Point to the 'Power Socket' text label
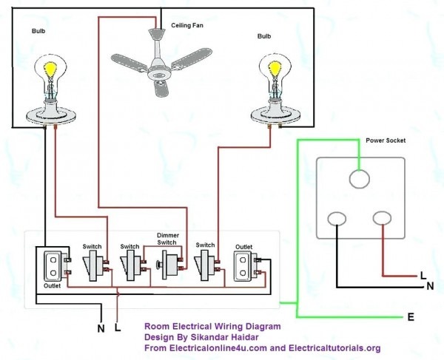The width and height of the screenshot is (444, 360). click(386, 140)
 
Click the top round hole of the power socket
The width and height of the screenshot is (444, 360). click(359, 180)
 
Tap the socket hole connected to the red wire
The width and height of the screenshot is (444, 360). click(382, 218)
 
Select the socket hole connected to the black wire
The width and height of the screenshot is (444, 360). click(337, 218)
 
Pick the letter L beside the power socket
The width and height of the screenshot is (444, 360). click(423, 275)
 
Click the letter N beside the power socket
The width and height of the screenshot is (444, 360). click(430, 286)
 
